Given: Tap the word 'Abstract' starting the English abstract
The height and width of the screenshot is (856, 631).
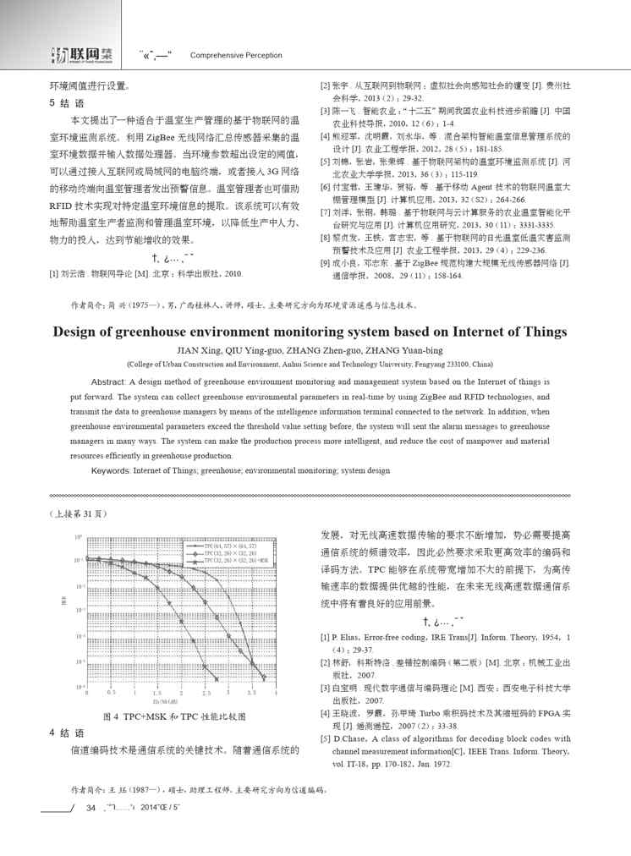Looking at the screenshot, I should coord(107,382).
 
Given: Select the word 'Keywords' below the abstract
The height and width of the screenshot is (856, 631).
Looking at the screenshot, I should coord(110,469).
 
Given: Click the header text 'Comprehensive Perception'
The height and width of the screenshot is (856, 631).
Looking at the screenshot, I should coord(236,55).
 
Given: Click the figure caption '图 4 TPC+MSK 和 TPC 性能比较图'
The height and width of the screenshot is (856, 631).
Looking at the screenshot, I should coord(173,716).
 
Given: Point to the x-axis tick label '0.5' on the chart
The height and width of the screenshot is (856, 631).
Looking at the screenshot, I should coord(111,692).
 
